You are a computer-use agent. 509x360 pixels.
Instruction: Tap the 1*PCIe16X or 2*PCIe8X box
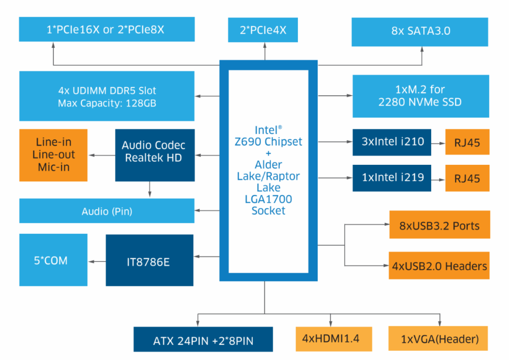coord(107,29)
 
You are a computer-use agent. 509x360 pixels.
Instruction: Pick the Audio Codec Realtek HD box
coord(154,155)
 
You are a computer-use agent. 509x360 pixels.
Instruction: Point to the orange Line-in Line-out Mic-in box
coord(54,155)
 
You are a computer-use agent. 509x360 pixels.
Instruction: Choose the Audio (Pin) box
coord(107,211)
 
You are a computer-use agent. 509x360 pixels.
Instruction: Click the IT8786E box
coord(150,260)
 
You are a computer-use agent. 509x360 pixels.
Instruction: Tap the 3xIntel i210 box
coord(392,142)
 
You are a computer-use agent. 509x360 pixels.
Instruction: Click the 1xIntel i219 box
coord(392,178)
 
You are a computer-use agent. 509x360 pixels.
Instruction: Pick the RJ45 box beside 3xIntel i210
coord(467,142)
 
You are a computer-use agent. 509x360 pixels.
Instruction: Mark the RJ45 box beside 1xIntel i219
coord(467,178)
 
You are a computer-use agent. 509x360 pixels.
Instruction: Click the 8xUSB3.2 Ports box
coord(439,225)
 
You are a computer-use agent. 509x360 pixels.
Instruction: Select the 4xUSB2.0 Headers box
coord(439,265)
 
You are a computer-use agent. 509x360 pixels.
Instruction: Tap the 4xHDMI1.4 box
coord(331,338)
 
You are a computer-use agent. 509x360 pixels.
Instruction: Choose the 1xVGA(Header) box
coord(438,338)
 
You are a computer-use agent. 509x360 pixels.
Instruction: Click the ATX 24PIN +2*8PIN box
coord(203,340)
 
